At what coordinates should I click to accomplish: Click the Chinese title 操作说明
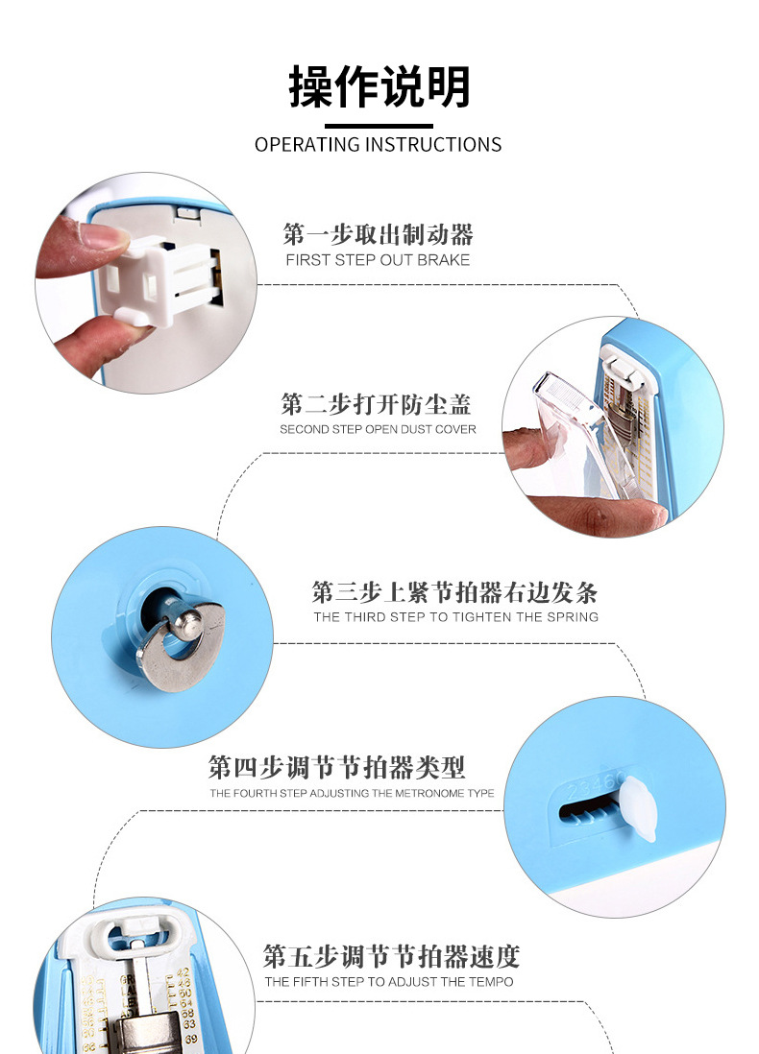379,86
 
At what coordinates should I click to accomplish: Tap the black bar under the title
379,126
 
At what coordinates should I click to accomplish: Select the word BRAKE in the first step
443,260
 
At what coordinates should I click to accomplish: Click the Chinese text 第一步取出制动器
378,234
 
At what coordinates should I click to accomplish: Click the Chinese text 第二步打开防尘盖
377,403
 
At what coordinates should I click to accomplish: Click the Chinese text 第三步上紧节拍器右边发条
454,591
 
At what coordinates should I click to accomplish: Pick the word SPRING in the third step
572,617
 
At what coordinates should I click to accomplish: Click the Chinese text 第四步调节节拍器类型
336,767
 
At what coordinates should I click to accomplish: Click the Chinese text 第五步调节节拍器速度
391,956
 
